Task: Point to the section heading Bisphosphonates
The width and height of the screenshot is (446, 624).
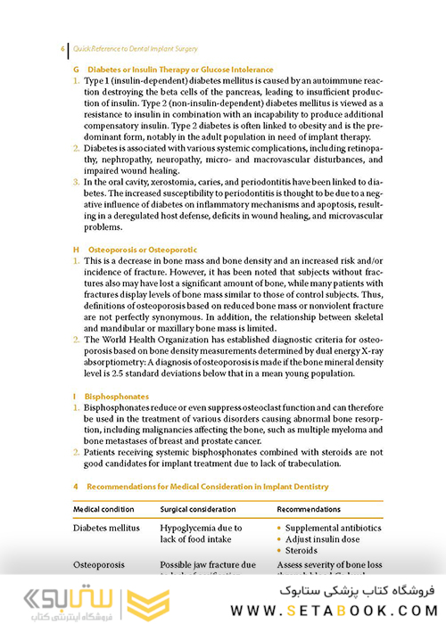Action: (116, 395)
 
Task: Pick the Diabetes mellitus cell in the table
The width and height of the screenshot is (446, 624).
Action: (110, 529)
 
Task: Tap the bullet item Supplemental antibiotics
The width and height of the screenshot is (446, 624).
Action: (333, 529)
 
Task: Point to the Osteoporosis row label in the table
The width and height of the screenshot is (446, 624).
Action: (103, 565)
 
